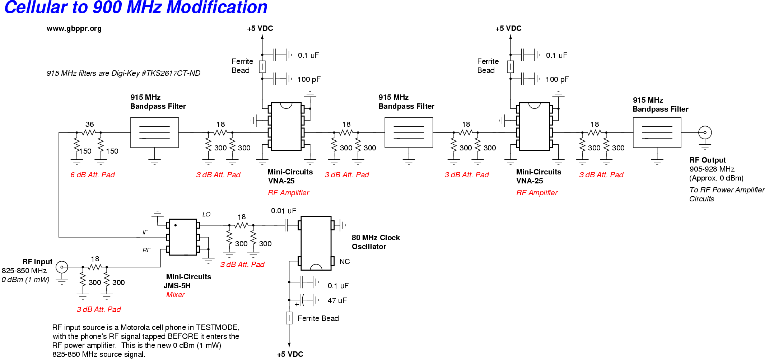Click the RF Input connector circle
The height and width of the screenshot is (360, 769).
[62, 267]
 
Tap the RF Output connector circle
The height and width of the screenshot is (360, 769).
[705, 132]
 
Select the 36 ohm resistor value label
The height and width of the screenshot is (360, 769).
[89, 124]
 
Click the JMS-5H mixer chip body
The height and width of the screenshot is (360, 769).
[183, 237]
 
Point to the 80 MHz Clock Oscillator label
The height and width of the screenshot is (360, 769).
[376, 242]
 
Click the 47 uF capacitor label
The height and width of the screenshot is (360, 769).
[337, 300]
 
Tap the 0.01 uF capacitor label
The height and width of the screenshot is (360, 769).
[283, 211]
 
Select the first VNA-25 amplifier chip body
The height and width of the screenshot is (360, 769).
[286, 126]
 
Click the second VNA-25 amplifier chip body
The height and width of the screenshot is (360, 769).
[534, 126]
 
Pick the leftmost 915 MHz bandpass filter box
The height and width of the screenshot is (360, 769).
[154, 132]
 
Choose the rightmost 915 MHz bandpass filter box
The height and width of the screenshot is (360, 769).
[657, 132]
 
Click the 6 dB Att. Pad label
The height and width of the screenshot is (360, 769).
[92, 175]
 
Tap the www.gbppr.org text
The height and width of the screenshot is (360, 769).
[74, 28]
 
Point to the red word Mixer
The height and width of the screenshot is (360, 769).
[175, 295]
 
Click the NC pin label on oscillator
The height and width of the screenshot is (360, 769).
[344, 262]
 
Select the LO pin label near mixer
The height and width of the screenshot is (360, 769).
[206, 214]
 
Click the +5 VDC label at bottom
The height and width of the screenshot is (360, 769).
[290, 354]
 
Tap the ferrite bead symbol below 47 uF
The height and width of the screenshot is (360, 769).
[289, 318]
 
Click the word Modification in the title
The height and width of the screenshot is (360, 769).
[217, 8]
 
